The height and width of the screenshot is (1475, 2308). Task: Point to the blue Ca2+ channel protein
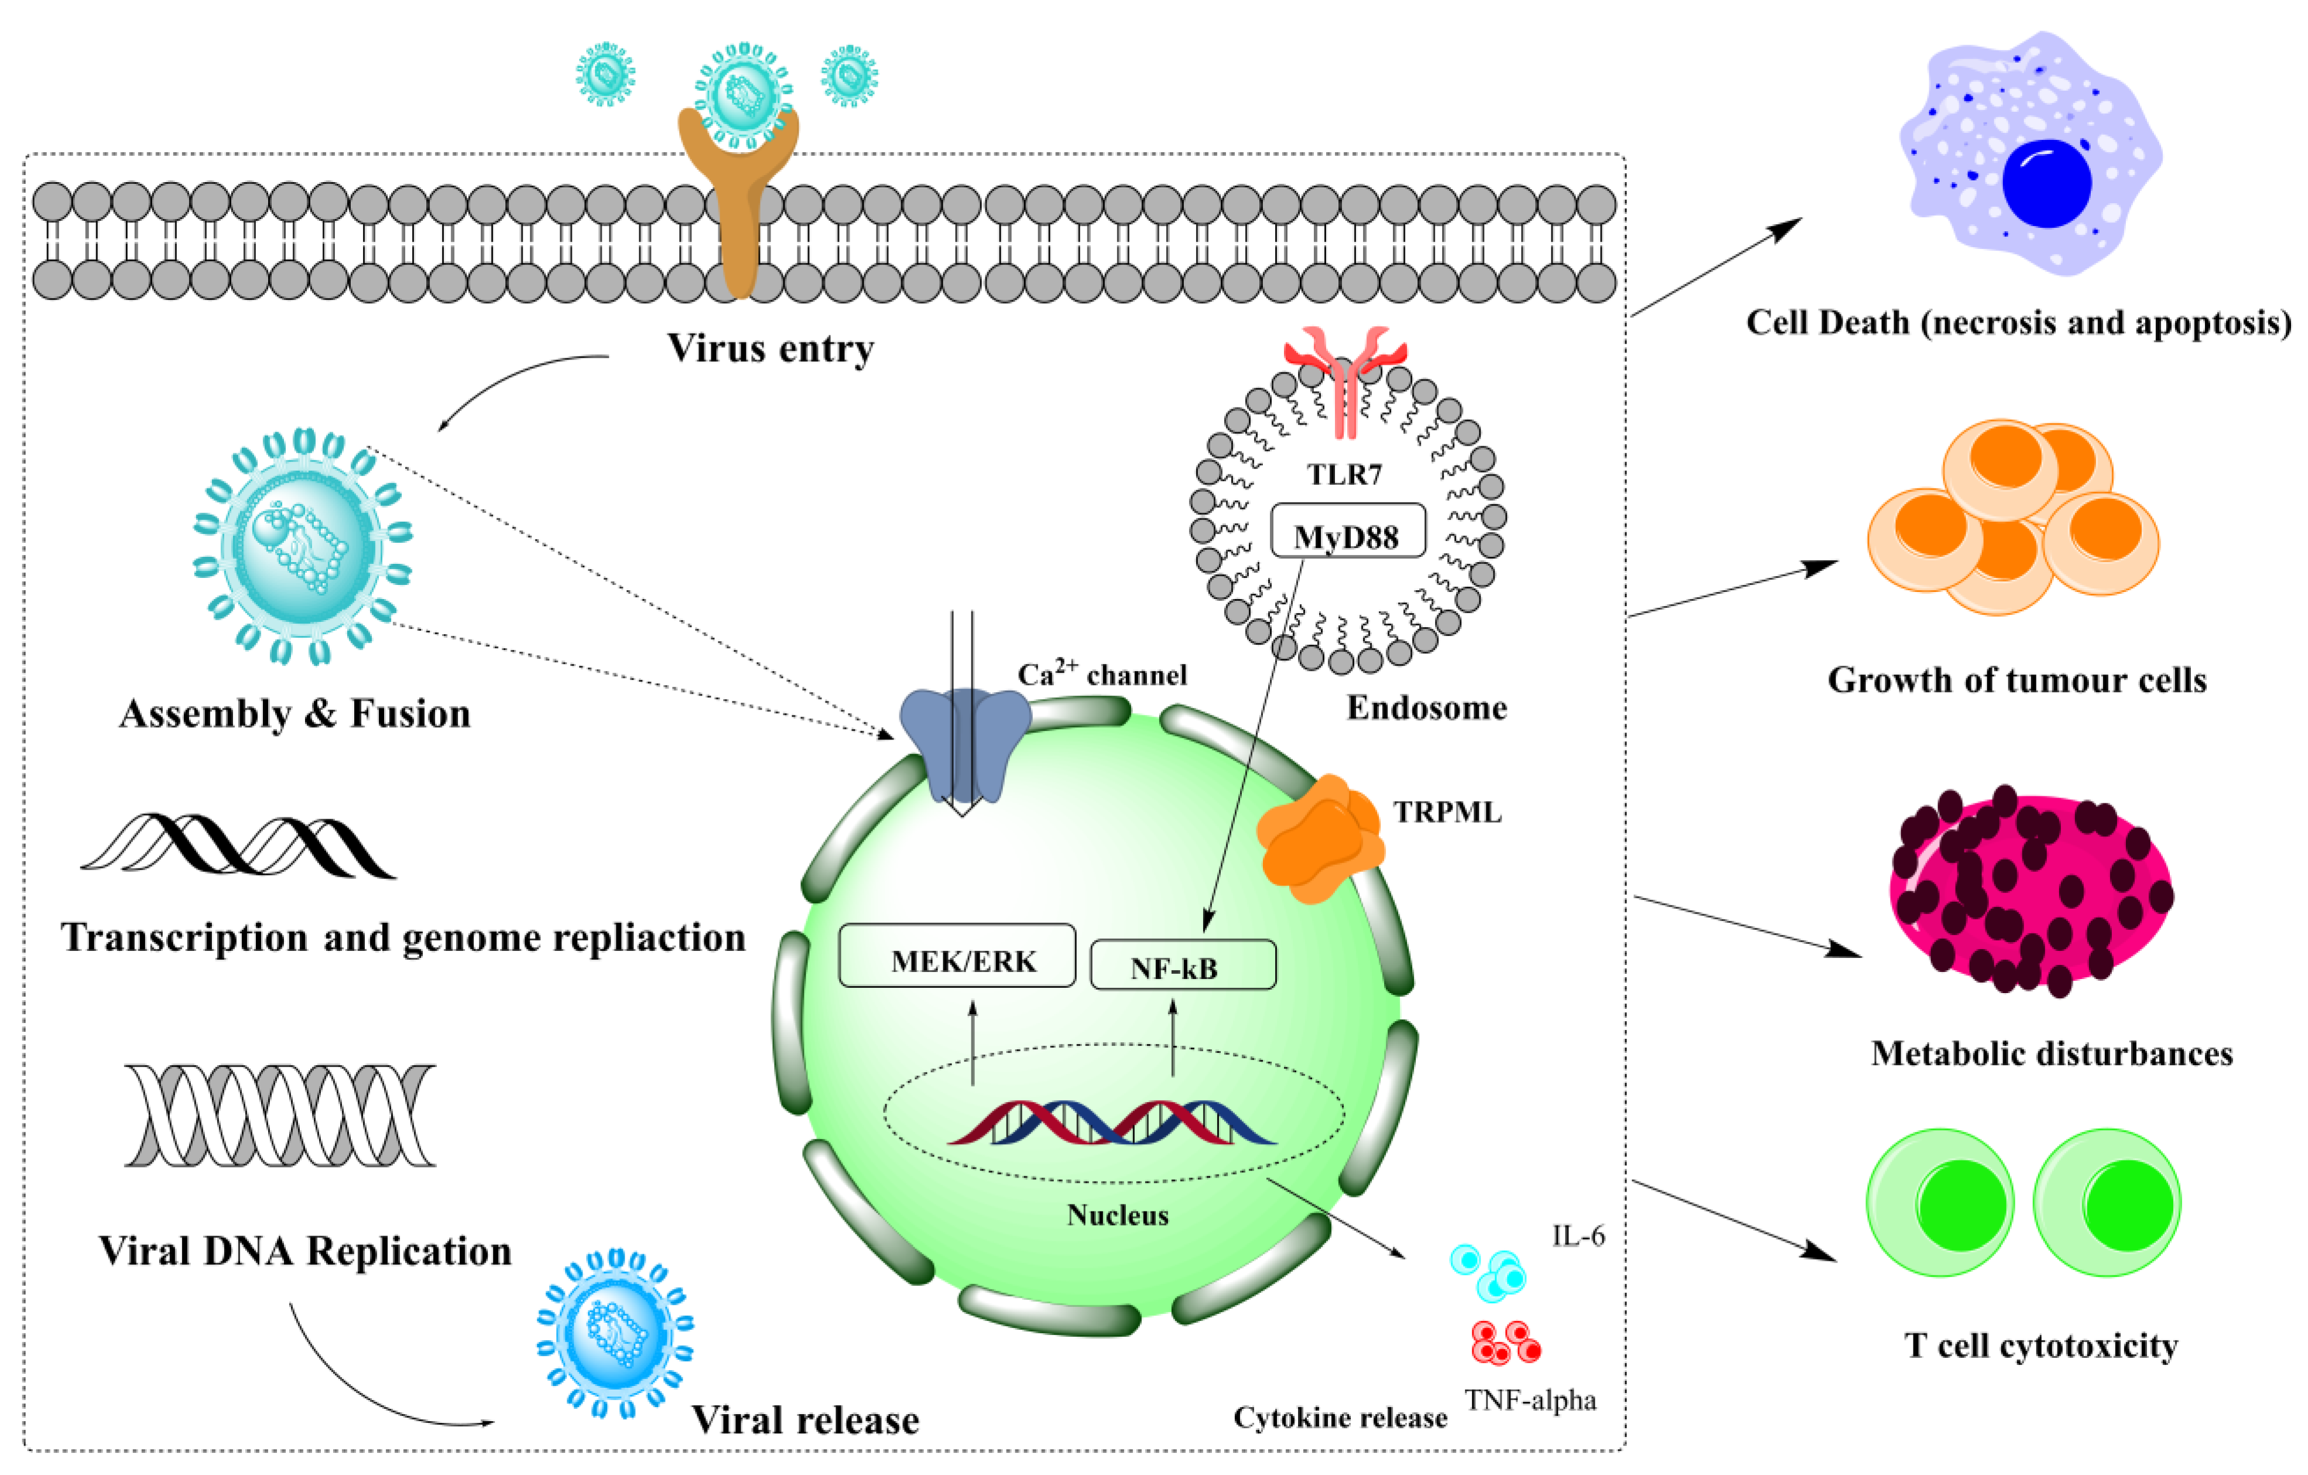pyautogui.click(x=964, y=743)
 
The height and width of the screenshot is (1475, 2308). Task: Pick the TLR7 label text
pyautogui.click(x=1345, y=474)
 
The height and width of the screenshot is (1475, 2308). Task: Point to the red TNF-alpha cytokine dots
pyautogui.click(x=1505, y=1341)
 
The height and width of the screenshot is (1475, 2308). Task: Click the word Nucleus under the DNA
pyautogui.click(x=1118, y=1215)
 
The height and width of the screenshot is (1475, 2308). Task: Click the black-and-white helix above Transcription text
pyautogui.click(x=238, y=846)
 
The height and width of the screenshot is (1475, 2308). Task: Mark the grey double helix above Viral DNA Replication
pyautogui.click(x=280, y=1115)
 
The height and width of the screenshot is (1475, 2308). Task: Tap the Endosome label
pyautogui.click(x=1426, y=707)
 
